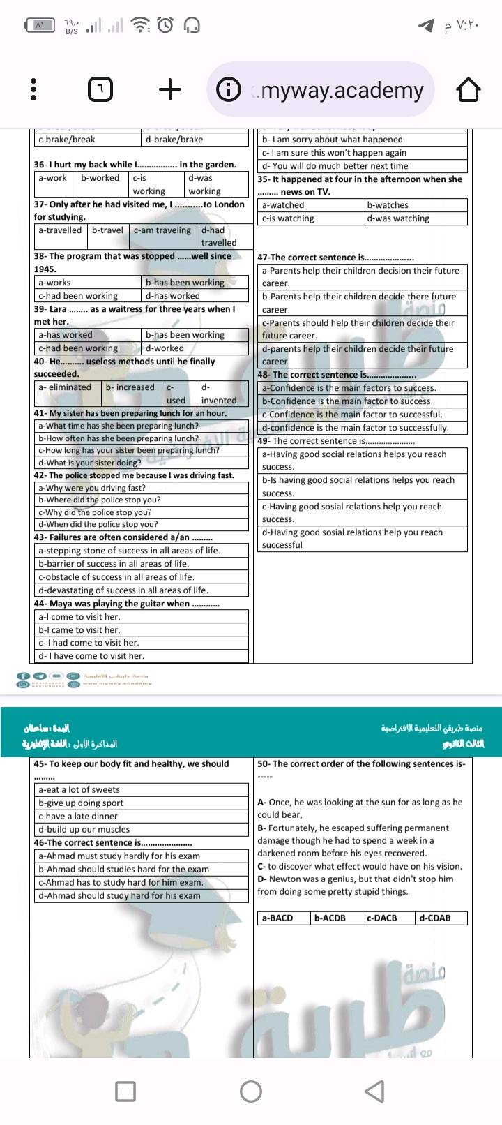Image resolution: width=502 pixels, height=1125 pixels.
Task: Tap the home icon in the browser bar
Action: point(468,90)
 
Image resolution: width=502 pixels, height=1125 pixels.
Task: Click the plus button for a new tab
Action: point(170,89)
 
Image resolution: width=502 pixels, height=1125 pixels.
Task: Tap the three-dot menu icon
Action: point(33,89)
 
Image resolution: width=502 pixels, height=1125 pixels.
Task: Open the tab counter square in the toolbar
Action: point(101,90)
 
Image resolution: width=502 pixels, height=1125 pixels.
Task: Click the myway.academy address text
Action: point(341,90)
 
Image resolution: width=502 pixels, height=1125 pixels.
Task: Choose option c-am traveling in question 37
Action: point(162,230)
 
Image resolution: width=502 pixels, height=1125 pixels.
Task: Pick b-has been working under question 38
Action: point(185,283)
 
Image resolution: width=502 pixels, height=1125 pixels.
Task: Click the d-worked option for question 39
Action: point(165,348)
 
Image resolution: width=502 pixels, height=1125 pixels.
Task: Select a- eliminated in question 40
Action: point(65,387)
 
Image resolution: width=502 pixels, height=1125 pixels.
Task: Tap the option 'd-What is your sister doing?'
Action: point(90,463)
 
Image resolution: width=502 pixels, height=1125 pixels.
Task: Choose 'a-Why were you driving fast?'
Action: point(92,488)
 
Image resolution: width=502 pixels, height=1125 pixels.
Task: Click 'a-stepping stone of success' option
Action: point(129,551)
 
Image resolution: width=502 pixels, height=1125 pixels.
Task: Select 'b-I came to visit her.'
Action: point(79,630)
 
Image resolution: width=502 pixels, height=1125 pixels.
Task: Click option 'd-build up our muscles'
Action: point(84,830)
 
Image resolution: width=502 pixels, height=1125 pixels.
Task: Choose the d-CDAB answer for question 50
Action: point(435,918)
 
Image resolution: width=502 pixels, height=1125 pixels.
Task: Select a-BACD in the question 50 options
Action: point(277,918)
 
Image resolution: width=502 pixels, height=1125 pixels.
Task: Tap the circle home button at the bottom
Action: point(251,1092)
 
